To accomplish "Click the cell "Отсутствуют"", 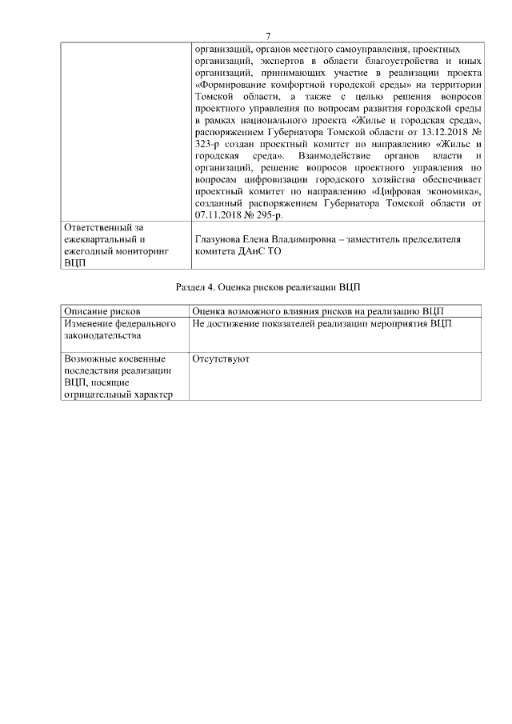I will pos(221,359).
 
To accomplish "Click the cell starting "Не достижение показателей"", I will pos(322,324).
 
